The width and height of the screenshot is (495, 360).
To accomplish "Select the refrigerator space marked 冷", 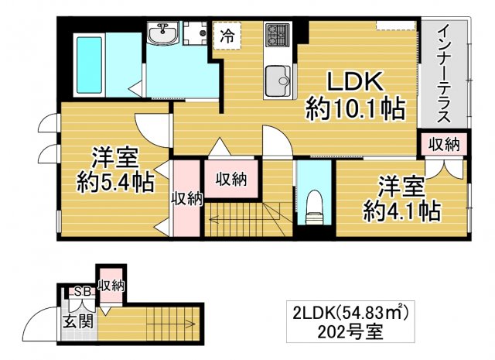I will click(227, 35).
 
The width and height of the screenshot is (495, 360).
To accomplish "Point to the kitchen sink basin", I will click(277, 77).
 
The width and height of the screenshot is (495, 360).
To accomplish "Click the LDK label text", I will click(354, 81).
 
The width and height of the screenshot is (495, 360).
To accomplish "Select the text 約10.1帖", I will click(356, 108).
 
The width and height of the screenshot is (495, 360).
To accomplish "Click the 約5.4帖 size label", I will click(114, 183).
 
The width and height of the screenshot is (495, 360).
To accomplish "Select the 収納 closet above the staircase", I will click(230, 179).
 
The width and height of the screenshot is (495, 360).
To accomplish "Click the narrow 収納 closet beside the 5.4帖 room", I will click(186, 198).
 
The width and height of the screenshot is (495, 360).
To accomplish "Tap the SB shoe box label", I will click(79, 292).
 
